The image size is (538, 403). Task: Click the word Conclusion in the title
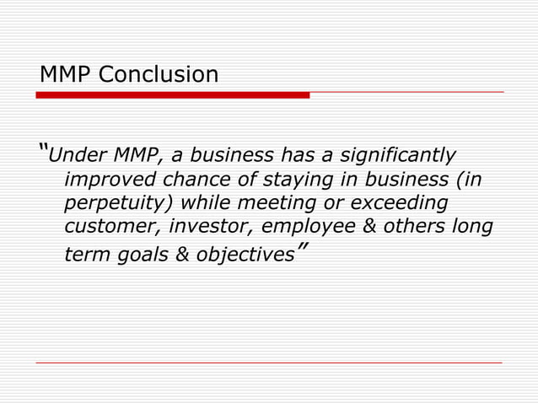click(158, 75)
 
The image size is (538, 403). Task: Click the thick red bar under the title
click(173, 95)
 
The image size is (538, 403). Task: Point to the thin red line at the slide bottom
click(269, 363)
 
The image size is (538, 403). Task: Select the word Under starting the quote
click(75, 156)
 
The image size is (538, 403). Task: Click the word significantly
click(399, 156)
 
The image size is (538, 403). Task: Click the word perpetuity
click(118, 205)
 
